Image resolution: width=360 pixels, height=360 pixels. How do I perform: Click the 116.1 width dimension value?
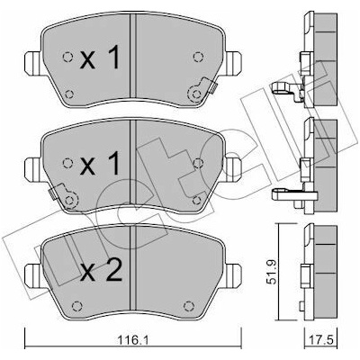click(132, 340)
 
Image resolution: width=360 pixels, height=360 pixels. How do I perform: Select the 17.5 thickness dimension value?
click(321, 340)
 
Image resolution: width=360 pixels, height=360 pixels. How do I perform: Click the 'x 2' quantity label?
click(102, 270)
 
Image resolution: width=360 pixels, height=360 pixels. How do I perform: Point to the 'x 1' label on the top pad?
click(100, 57)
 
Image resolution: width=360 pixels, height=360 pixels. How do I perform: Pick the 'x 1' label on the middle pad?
click(100, 163)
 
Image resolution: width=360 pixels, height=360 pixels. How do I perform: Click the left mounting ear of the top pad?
click(32, 63)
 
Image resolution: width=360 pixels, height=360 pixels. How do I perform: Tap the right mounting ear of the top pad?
click(234, 63)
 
